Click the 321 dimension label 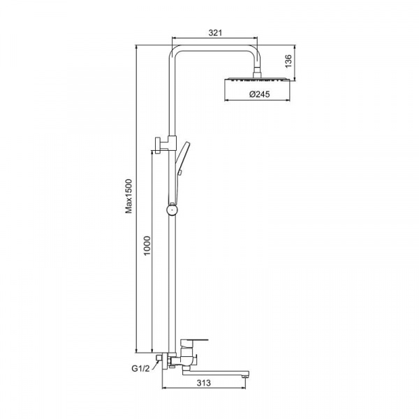[215, 33]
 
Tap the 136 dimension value [288, 61]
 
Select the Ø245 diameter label [260, 94]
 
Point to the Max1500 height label [129, 196]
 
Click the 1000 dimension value [147, 246]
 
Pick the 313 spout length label [204, 383]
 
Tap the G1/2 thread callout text [140, 369]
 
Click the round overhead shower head [257, 80]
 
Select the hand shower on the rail [182, 158]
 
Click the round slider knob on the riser [172, 209]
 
